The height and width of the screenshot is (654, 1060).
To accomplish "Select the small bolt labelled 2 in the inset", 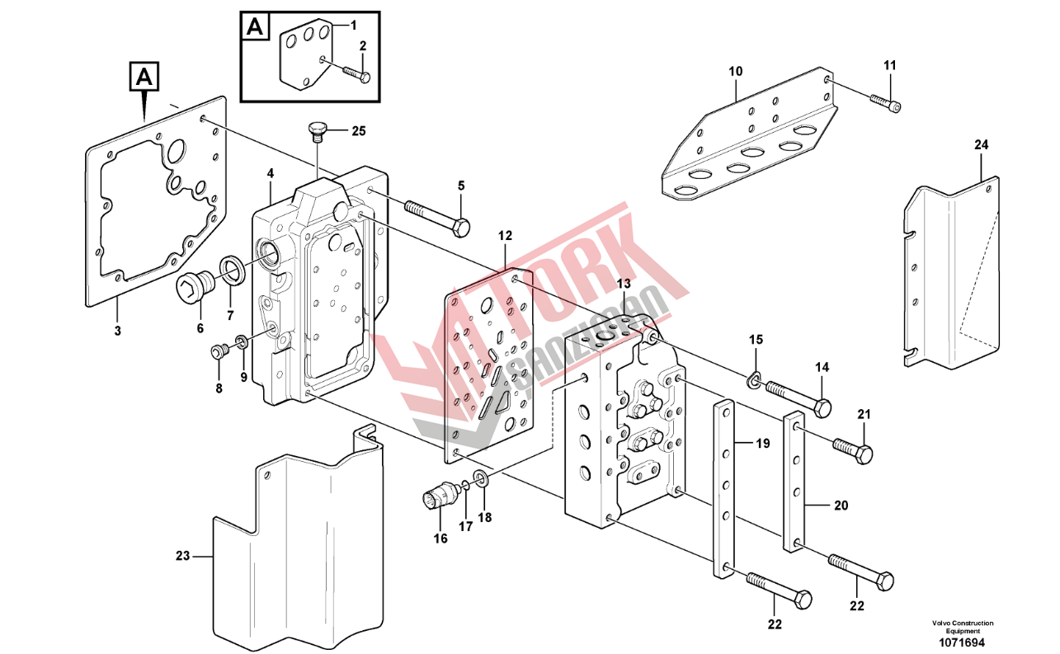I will (x=356, y=74).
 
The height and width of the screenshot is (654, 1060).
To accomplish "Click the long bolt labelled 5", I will (x=438, y=217).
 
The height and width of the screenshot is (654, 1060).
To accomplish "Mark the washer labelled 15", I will (x=754, y=380).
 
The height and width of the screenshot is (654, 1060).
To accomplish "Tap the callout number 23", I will (x=182, y=556).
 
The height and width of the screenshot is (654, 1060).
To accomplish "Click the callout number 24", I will (x=980, y=144).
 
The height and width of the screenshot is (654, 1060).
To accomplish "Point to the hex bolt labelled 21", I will (x=852, y=449).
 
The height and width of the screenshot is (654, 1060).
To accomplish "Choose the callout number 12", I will (x=505, y=236).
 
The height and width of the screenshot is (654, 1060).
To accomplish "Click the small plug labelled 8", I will (x=219, y=353).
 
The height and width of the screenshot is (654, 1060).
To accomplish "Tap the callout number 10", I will (x=735, y=72).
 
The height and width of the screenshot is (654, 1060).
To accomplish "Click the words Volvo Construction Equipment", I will (x=962, y=627).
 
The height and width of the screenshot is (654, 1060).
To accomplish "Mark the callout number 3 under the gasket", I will (x=117, y=331).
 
